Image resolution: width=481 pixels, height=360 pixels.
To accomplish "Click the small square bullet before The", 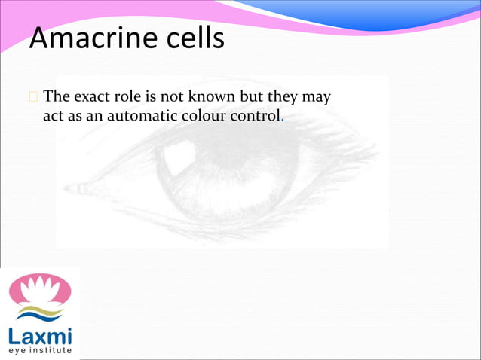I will coord(33,98).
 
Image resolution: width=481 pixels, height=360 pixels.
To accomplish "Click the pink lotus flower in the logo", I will coord(39,288).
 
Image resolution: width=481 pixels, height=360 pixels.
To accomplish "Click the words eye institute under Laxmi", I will coord(40,350).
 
